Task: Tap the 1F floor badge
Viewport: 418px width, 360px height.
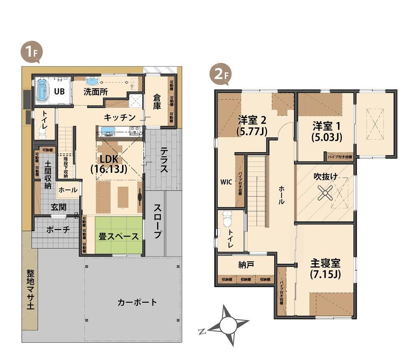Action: click(30, 53)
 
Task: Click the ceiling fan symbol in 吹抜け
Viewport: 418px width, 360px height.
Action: click(325, 193)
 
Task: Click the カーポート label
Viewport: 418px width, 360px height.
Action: click(137, 302)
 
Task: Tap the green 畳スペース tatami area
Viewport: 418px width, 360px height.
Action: click(119, 236)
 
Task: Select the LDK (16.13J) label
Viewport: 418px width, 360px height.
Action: click(109, 164)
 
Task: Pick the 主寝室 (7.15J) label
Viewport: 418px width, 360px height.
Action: click(325, 269)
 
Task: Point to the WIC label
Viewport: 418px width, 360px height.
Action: click(226, 182)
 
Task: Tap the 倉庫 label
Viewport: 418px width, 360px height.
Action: click(157, 103)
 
